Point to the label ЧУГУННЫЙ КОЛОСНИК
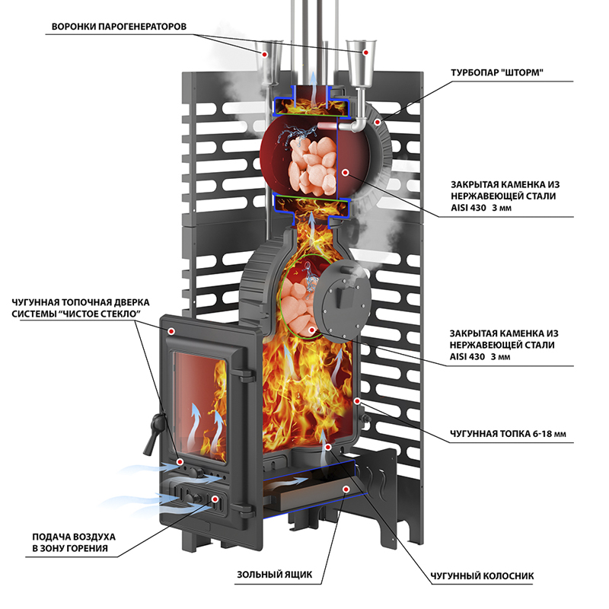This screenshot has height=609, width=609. click(479, 576)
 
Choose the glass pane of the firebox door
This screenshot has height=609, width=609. click(199, 407)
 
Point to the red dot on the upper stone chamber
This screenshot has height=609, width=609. click(346, 173)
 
